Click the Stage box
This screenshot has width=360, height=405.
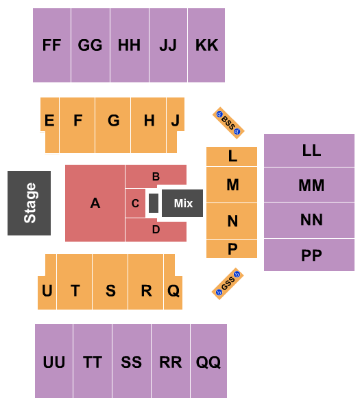tap(29, 203)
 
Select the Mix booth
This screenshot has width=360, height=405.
tap(183, 203)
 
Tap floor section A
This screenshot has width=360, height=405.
tap(95, 203)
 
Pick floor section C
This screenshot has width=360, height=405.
tap(136, 203)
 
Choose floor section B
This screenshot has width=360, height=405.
tap(156, 176)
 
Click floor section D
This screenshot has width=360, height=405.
tap(156, 230)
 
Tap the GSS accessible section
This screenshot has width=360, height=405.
tap(228, 283)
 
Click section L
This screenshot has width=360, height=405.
tap(232, 157)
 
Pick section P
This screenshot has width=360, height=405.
tap(232, 248)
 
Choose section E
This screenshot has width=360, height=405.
tap(49, 121)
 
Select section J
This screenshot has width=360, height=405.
tap(175, 121)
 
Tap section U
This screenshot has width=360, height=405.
tap(47, 290)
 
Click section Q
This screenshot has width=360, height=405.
tap(173, 290)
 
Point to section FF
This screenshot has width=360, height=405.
tap(51, 45)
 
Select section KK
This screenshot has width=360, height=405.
tap(206, 45)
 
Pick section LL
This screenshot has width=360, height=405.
tap(311, 150)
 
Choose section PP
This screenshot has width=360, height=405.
tap(311, 255)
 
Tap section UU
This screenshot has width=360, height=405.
tap(53, 362)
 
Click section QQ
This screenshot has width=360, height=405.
tap(208, 362)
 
